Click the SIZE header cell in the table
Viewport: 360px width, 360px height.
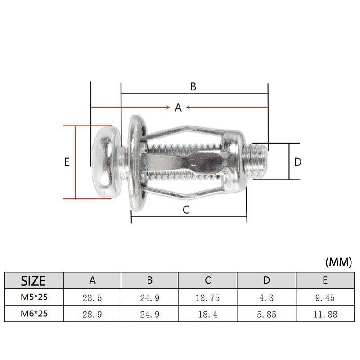click(33, 280)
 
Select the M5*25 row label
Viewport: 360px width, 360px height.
click(34, 297)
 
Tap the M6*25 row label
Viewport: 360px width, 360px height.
click(34, 313)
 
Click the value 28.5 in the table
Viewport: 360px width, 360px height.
click(92, 298)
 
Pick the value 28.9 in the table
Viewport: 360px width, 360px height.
click(92, 314)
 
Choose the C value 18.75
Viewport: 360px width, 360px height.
click(207, 298)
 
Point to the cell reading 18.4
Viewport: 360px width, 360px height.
click(207, 314)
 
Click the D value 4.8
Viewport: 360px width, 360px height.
click(266, 298)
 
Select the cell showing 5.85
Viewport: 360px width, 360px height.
click(266, 314)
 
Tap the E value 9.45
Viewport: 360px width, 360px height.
click(325, 298)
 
